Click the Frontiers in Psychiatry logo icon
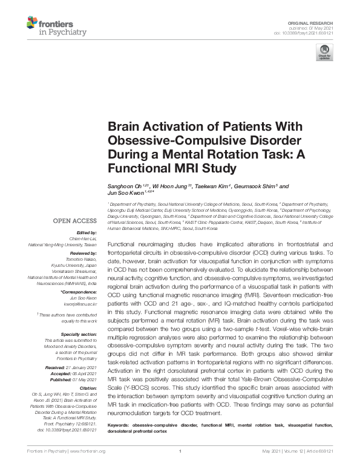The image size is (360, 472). (31, 24)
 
